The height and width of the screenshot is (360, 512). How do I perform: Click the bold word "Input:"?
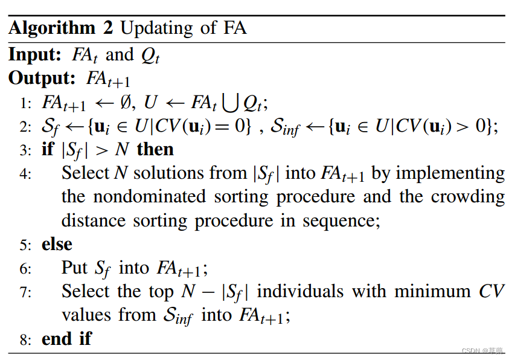coord(35,54)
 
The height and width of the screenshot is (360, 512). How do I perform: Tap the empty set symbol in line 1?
coord(124,102)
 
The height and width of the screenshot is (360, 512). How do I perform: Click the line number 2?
coord(25,127)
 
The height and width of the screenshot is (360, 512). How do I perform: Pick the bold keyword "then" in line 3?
coord(155,149)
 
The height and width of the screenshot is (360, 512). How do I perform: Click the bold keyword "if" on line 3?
coord(48,149)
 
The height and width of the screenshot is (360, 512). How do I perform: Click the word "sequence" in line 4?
coord(339,220)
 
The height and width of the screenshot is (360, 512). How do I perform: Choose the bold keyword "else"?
coord(57,244)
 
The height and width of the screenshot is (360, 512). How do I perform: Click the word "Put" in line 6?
coord(75,268)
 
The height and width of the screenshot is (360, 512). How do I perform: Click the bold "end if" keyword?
coord(66,339)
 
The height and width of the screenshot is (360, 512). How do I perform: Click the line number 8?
coord(25,340)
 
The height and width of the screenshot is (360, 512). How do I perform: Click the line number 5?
coord(25,245)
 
